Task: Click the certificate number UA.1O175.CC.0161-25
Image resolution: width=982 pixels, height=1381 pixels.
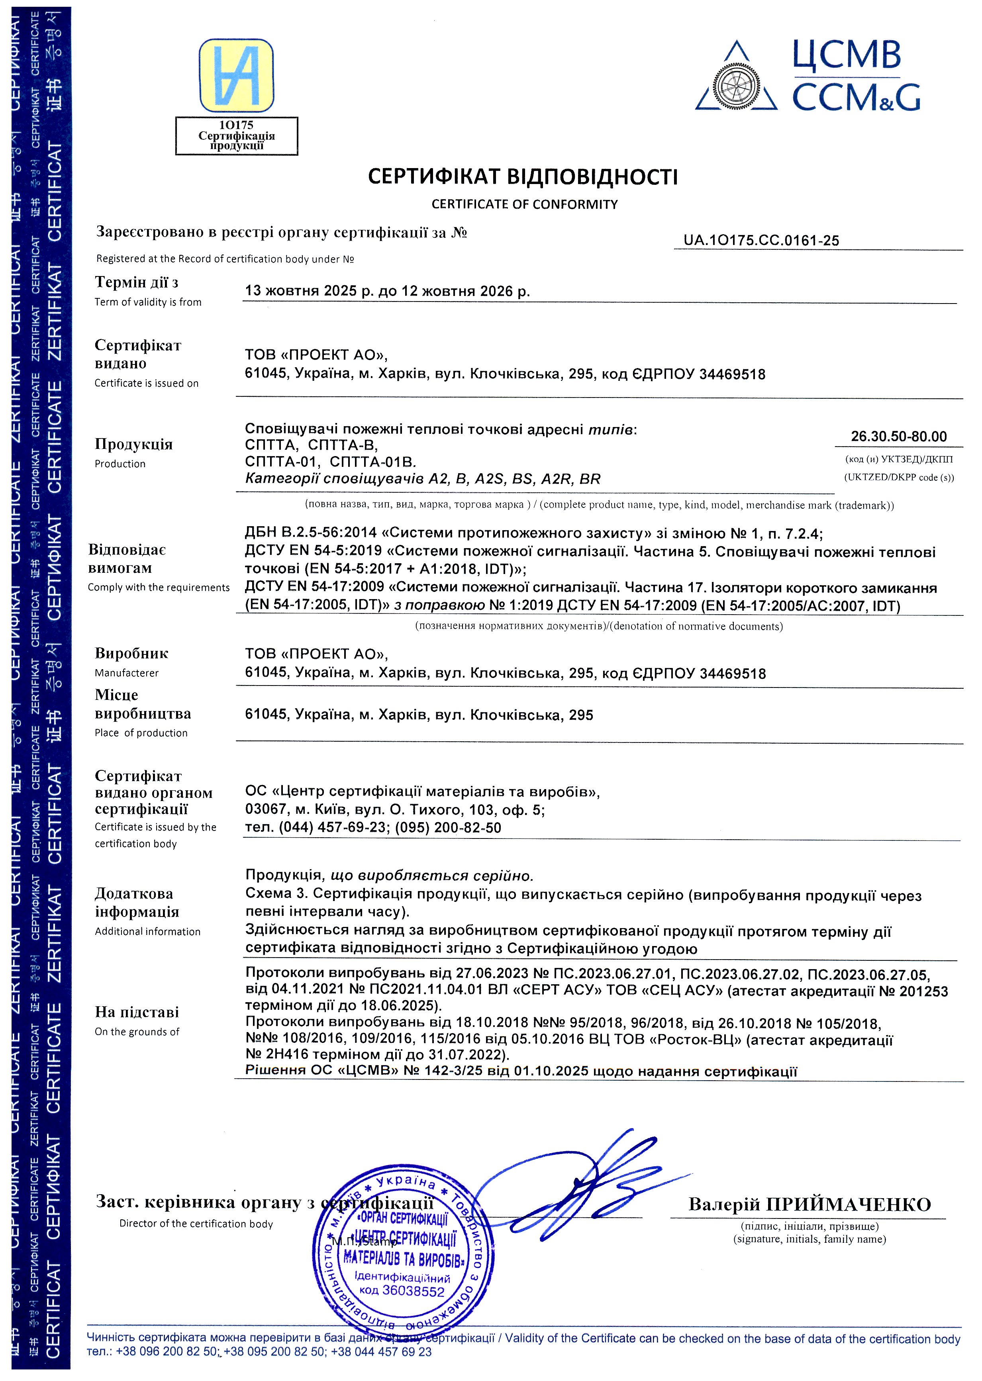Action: click(x=761, y=240)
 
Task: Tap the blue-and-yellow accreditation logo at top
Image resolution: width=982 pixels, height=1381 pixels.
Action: click(x=236, y=76)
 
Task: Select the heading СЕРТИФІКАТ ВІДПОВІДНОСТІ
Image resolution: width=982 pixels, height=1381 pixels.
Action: click(x=523, y=176)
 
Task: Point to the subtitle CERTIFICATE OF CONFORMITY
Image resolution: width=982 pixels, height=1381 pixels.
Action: click(x=524, y=204)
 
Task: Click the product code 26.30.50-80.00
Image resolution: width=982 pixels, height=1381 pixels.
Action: click(x=899, y=437)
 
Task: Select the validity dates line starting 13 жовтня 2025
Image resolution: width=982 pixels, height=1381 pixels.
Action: click(x=387, y=291)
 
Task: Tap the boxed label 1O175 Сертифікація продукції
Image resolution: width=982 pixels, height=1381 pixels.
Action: click(x=236, y=135)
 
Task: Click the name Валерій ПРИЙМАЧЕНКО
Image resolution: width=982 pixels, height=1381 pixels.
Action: click(x=809, y=1205)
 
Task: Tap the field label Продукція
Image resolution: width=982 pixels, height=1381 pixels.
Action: click(x=133, y=445)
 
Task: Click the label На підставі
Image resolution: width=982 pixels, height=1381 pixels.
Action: click(x=137, y=1012)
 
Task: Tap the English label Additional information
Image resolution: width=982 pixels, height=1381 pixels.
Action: click(x=147, y=932)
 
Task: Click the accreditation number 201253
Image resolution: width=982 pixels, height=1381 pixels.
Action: click(x=923, y=991)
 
